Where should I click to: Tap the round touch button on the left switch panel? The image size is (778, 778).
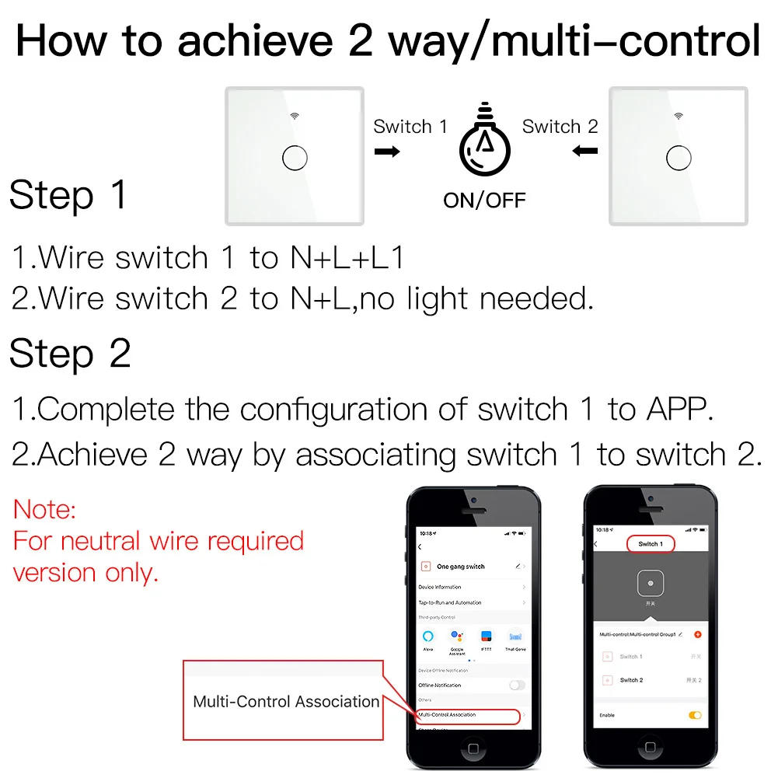point(295,158)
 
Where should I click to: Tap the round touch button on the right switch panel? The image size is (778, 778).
point(679,158)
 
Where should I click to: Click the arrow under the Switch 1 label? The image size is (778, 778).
point(387,151)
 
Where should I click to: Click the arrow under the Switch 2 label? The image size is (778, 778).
point(584,151)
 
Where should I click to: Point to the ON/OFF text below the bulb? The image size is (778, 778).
point(484,200)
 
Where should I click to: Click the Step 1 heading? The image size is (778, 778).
point(68,195)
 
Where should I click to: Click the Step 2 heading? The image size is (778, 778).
point(70,354)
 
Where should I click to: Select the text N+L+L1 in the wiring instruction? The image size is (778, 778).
point(347,258)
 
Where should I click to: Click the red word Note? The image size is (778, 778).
point(45,510)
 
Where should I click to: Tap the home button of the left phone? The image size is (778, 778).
point(473,748)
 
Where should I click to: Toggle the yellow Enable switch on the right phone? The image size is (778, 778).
point(695,715)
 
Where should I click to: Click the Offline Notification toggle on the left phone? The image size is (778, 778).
point(516,685)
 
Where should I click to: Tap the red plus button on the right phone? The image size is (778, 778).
point(697,634)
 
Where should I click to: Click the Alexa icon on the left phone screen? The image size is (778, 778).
point(428,637)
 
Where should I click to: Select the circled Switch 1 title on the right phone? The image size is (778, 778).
point(650,544)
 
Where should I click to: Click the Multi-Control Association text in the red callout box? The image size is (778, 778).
point(286,702)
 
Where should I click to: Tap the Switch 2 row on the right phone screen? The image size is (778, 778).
point(631,680)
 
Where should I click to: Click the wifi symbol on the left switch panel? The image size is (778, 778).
point(295,117)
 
